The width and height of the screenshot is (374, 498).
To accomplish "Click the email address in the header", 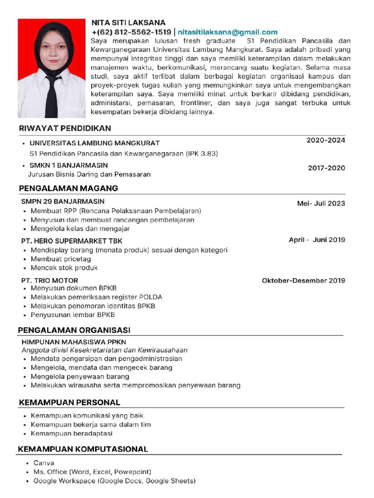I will [227, 32].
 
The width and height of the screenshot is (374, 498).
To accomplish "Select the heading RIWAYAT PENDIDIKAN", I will [65, 128].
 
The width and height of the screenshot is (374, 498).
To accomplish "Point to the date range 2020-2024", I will [325, 141].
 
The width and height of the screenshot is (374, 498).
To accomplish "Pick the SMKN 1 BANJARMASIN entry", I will [68, 165].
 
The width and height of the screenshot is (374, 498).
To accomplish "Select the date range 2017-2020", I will [326, 168].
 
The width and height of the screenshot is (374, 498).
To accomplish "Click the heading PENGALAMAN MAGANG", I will [68, 188].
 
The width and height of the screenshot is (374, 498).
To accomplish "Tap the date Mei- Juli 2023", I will [321, 203].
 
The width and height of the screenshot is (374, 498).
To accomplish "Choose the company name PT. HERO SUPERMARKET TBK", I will [72, 241].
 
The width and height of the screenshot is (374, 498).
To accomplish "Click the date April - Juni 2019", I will [317, 240].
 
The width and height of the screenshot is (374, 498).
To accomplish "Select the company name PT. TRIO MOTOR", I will [49, 281].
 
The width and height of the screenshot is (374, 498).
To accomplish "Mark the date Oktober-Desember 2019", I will [303, 281].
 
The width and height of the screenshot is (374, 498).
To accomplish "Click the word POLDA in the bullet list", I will [151, 297].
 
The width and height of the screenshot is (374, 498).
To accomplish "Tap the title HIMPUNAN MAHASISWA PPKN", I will [74, 342].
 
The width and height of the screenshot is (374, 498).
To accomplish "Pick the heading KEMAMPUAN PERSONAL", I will [69, 403].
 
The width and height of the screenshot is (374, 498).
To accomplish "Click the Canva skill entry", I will [44, 463].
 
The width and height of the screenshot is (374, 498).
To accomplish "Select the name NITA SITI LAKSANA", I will [129, 22].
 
